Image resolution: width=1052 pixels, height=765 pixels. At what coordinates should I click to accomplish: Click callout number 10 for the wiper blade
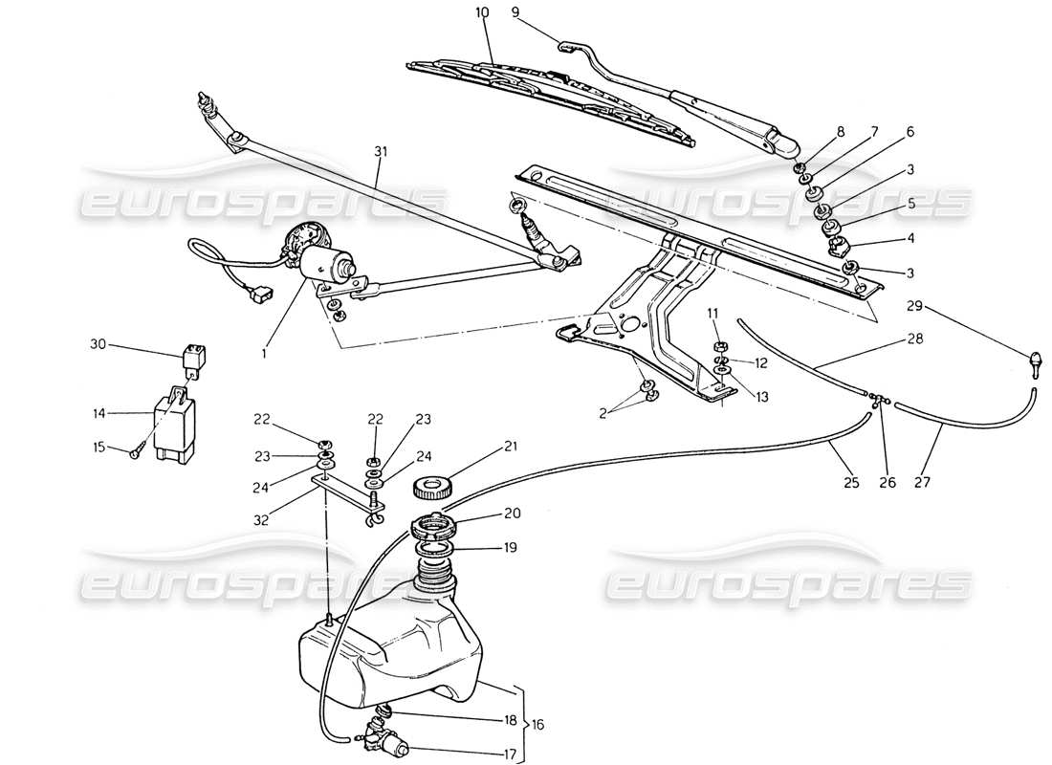(x=481, y=12)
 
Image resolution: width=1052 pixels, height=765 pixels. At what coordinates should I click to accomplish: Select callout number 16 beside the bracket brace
(x=537, y=726)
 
